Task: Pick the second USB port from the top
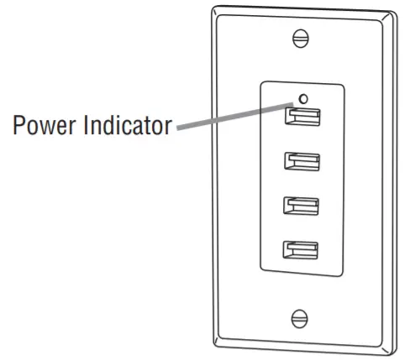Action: [x=301, y=160]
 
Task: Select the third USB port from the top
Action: [x=301, y=206]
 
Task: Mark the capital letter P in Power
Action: [x=18, y=128]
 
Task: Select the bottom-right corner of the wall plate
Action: [x=392, y=352]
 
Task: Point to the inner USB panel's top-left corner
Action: [x=262, y=82]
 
